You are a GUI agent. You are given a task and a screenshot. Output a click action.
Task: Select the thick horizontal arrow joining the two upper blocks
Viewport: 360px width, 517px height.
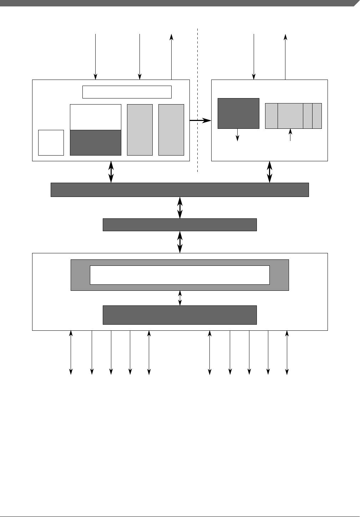(200, 121)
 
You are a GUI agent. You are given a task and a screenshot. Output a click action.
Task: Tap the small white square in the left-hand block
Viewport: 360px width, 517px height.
(51, 143)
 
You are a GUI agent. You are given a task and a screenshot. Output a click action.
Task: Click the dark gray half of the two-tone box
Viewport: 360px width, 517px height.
(96, 143)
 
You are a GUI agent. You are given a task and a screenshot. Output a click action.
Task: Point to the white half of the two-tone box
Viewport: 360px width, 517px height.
(96, 117)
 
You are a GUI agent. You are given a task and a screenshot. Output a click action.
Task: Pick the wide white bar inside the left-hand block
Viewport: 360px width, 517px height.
(127, 92)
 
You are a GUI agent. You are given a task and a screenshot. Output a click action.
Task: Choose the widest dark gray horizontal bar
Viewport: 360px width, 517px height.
(179, 190)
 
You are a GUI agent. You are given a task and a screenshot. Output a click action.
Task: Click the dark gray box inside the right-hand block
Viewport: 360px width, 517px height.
(238, 113)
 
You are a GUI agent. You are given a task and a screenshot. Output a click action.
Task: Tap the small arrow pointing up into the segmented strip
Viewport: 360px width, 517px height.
(290, 135)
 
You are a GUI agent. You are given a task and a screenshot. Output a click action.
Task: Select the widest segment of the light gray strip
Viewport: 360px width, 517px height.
(290, 116)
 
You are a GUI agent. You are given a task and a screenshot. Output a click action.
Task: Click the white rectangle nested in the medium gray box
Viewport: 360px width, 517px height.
(179, 275)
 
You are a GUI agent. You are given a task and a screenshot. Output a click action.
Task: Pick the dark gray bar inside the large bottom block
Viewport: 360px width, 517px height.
(179, 315)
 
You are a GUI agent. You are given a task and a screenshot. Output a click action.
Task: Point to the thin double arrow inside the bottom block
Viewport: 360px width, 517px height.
(180, 298)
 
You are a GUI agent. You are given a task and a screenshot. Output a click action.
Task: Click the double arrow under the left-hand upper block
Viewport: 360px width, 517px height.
(111, 172)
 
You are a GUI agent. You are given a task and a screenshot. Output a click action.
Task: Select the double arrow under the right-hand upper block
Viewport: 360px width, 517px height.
(270, 172)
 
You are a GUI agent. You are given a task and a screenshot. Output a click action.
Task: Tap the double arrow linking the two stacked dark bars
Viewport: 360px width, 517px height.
(180, 208)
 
